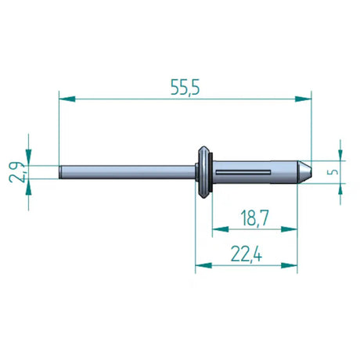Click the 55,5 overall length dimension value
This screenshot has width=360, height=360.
coord(185,88)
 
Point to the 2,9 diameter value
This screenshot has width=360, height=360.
coord(16,171)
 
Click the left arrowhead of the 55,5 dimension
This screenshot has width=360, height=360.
coord(66,99)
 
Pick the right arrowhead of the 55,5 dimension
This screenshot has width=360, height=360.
coord(304,99)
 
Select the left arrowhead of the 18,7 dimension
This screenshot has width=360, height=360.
coord(219,229)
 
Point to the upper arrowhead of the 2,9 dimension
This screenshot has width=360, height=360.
coord(29,157)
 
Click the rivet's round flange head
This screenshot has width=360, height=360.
coord(203,171)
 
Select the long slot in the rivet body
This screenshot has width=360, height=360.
coord(243,171)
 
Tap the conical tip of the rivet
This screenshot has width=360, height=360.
coord(305,171)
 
